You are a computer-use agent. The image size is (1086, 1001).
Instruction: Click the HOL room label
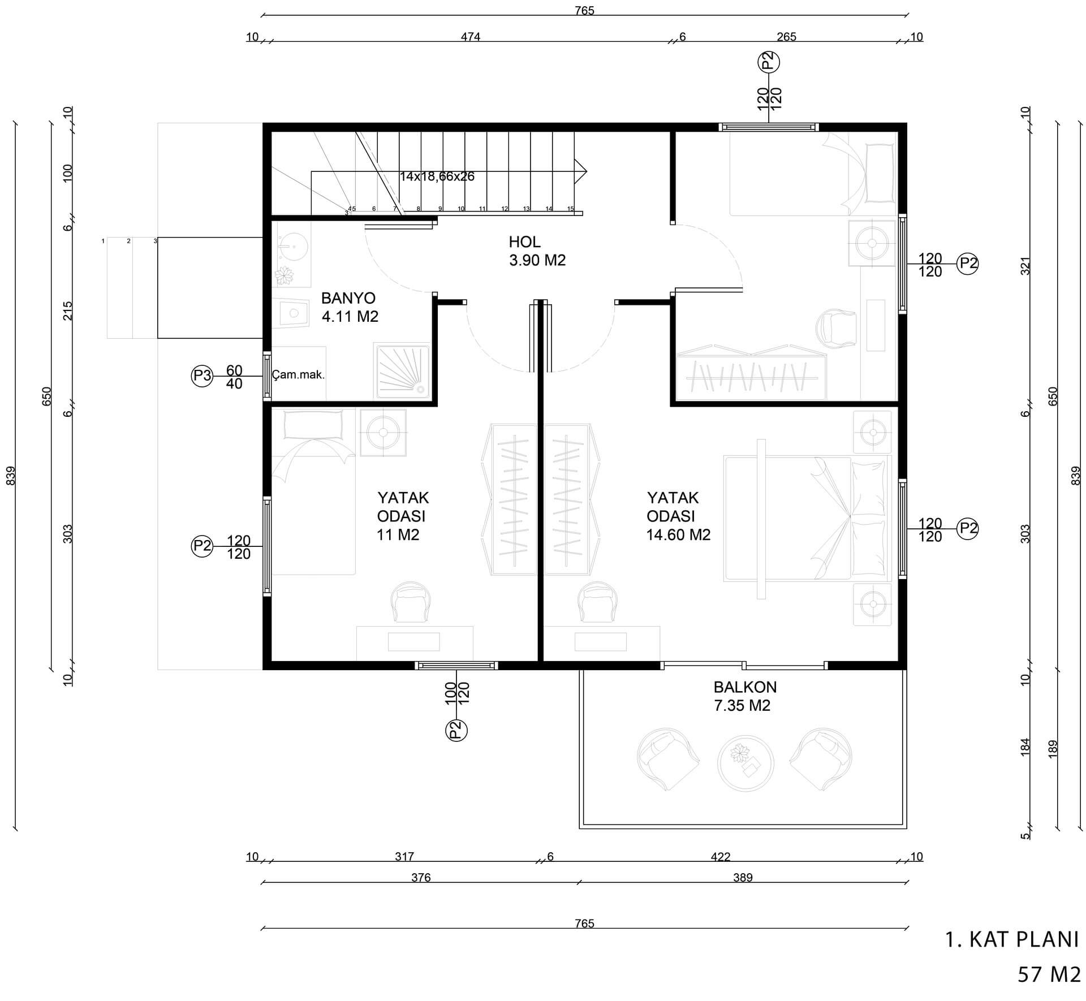point(524,242)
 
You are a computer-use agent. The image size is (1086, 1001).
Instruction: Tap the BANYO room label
point(348,298)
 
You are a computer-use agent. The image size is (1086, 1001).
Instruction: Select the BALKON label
point(745,687)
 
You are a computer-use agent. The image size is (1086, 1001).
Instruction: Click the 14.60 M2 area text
point(678,534)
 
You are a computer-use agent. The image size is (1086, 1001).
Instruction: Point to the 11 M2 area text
point(398,534)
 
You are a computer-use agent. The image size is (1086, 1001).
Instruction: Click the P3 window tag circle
point(202,376)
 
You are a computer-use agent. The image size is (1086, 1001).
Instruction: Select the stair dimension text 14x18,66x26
point(437,176)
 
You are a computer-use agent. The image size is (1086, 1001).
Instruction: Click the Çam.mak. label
point(298,374)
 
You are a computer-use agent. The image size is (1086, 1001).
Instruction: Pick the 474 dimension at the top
point(471,37)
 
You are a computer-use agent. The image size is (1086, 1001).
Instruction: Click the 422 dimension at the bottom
point(721,857)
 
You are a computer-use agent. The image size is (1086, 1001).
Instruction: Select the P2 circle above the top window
point(768,62)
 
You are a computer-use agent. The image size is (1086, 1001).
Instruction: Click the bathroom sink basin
point(294,247)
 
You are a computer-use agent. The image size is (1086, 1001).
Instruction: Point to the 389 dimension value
point(743,878)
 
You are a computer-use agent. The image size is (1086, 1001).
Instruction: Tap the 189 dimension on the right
point(1053,749)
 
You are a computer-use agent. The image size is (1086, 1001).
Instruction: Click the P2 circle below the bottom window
point(457,730)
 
